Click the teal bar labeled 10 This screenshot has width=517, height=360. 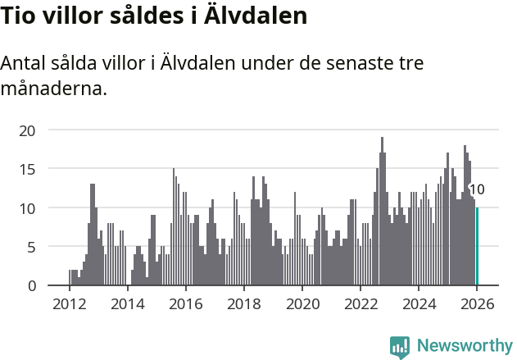coord(477,246)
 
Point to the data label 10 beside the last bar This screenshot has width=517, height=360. coord(477,189)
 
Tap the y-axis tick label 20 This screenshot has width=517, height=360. coord(28,130)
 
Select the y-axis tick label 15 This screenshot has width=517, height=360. coord(28,169)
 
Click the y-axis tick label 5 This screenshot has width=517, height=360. coord(31,247)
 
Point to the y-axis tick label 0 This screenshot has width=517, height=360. coord(31,285)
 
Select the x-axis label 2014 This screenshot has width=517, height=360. coord(127,303)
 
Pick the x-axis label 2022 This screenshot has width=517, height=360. coord(361,303)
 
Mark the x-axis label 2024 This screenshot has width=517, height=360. coord(419,303)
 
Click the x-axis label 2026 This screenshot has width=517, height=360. coord(477,303)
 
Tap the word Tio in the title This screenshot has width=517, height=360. coord(17,16)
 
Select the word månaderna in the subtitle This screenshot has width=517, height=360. coord(54,89)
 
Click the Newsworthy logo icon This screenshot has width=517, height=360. coord(400,347)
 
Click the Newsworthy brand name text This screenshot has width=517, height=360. coord(463,347)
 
